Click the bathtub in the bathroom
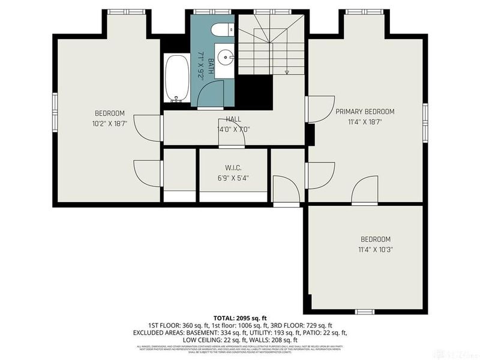[x=176, y=79]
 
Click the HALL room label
[x=233, y=119]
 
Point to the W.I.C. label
[x=233, y=168]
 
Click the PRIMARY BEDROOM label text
[x=365, y=112]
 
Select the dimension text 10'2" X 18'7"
[x=109, y=124]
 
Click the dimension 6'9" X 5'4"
[x=233, y=178]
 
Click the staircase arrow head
[x=287, y=73]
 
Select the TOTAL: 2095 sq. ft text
[x=240, y=317]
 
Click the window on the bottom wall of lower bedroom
[x=365, y=311]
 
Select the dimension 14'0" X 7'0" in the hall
[x=233, y=129]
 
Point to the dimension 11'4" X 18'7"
[x=365, y=122]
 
